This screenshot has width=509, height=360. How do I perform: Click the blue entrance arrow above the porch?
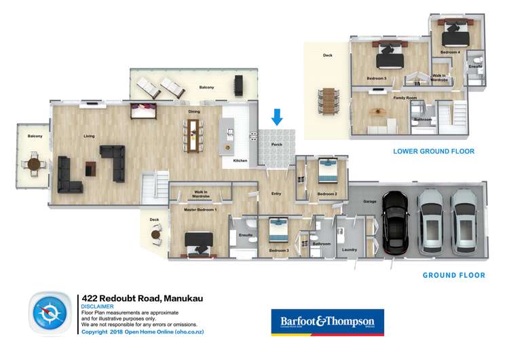pos(277,118)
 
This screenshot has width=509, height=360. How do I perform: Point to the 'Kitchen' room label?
pos(240,161)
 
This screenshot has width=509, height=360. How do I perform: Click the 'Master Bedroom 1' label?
pos(201,210)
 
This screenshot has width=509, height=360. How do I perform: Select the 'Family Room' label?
pos(404,98)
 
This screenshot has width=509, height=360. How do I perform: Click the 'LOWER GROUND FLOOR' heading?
pos(434,151)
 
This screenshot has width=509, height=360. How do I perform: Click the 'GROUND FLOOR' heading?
pos(453,275)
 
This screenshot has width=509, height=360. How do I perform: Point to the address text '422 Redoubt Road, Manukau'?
pos(142,298)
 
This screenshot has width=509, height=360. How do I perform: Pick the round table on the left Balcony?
pos(33,164)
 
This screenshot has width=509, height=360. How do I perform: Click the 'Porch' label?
pos(276,145)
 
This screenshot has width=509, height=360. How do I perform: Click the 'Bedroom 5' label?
pos(377,78)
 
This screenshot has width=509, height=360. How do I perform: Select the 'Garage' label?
pos(369,202)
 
